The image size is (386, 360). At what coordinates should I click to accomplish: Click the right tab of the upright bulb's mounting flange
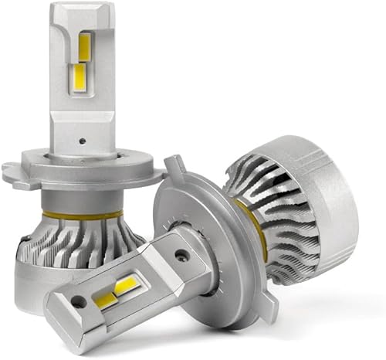[x=143, y=175]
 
